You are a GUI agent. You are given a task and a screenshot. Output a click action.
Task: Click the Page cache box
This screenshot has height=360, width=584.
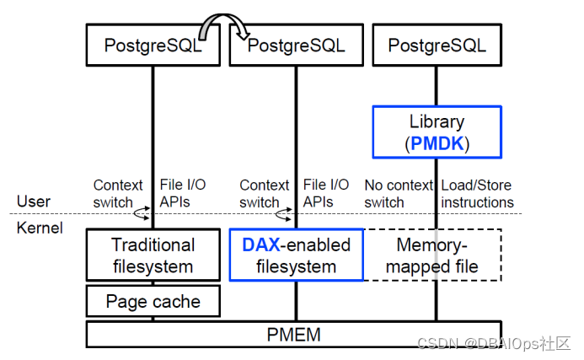(153, 301)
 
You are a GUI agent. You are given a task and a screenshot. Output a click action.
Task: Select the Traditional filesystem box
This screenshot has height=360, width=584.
(153, 255)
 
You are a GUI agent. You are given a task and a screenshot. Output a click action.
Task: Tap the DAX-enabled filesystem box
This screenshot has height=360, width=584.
(297, 255)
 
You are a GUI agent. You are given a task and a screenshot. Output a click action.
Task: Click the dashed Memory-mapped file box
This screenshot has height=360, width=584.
(432, 255)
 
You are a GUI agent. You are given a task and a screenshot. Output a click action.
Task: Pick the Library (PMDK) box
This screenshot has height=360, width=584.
(437, 132)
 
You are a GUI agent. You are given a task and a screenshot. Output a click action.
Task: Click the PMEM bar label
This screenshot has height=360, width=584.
(293, 335)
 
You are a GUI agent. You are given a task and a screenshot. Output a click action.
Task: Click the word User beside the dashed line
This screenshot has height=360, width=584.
(34, 201)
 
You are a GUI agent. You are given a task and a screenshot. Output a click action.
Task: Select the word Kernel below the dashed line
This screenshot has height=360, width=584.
(40, 228)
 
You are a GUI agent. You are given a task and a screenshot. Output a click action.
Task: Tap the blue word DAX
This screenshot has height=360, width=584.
(260, 244)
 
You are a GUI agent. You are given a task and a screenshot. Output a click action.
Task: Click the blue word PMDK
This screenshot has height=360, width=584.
(437, 143)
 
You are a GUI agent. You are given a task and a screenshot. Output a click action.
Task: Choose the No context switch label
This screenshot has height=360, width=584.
(399, 194)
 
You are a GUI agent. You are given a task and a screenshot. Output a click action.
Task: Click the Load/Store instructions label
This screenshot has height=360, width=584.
(477, 194)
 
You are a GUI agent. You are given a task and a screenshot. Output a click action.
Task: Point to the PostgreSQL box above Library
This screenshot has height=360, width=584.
(437, 45)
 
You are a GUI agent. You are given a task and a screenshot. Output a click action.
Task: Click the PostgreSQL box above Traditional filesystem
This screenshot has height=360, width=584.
(153, 45)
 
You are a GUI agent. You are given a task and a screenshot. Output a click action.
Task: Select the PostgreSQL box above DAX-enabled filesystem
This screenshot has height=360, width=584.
(297, 45)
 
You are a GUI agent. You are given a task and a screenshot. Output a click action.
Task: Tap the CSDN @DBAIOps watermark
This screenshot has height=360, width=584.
(494, 344)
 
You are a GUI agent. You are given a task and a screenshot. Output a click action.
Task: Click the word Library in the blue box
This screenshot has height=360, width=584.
(437, 121)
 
